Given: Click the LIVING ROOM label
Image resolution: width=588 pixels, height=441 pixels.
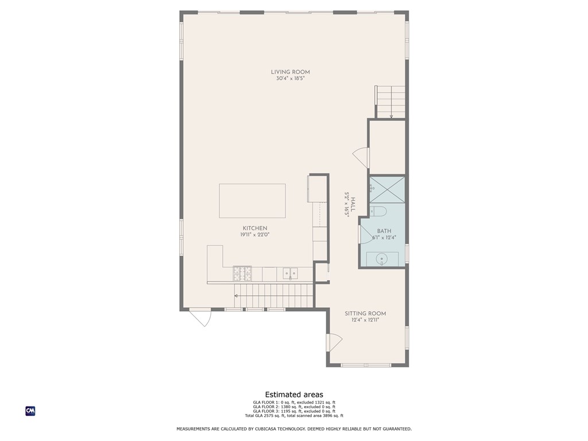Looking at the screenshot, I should pos(290,72).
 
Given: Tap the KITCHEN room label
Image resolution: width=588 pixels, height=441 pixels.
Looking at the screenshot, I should pos(254,228).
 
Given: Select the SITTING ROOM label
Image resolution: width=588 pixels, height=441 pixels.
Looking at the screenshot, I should pos(365,314).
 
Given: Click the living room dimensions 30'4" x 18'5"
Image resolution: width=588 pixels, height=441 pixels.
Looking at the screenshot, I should pos(290,79).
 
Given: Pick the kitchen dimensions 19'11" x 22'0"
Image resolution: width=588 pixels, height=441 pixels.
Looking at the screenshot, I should pos(254,235).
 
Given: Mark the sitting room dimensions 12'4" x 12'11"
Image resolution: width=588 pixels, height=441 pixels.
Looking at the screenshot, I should pos(365,320).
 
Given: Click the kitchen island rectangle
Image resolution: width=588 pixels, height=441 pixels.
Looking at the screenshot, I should pos(252,201).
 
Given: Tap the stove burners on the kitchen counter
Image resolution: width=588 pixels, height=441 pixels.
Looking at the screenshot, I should pos(242,273).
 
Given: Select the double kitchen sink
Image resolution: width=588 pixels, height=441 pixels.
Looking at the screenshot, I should pos(290,273).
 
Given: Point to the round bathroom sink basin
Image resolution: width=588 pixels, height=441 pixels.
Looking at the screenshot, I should pos(382,260).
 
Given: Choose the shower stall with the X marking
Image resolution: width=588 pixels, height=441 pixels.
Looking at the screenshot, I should pos(387,189).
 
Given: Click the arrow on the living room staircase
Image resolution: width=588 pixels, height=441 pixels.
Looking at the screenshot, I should pos(391,116).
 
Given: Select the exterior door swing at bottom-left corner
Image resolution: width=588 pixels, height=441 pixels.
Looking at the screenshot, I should pos(201,318).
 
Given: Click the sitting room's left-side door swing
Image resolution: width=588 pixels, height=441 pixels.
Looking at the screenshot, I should pos(334,343).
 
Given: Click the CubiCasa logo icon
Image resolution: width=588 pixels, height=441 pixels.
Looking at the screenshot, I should pos(30,411).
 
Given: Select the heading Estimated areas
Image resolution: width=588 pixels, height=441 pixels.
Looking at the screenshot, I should pos(293,394).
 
